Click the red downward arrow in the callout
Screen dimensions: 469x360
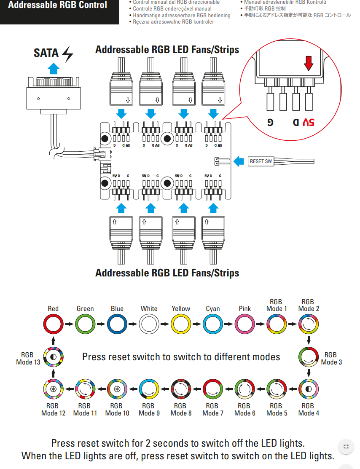[309, 63]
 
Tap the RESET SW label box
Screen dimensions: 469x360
[261, 161]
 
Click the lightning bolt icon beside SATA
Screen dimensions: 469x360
[67, 54]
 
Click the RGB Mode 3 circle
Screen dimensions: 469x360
[309, 356]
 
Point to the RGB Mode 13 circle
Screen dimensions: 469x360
[53, 356]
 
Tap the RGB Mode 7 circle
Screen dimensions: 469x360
[212, 389]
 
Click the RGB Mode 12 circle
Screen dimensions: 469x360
[53, 389]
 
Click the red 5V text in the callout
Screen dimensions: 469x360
[308, 122]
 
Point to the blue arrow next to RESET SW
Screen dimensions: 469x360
[239, 161]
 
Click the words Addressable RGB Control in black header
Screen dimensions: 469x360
[58, 5]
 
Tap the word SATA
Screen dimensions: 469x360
[46, 54]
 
